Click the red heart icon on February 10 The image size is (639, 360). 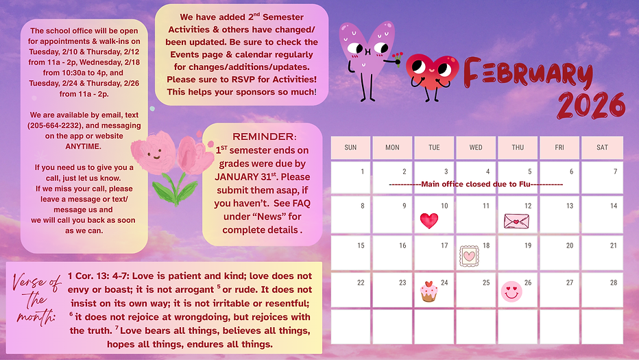coord(429,220)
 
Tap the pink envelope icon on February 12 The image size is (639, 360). coord(516,220)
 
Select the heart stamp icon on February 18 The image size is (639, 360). coord(470,255)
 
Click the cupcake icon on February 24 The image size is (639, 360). coord(429,291)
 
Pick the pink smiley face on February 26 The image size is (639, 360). coord(511,291)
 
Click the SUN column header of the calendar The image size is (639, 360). coord(350,147)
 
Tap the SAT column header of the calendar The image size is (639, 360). coord(602,147)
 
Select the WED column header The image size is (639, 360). coord(476,147)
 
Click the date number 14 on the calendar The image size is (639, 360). coord(614,206)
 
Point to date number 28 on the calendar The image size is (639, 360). coord(614,283)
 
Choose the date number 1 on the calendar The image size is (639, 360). coord(362,171)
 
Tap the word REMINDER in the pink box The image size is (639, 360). coord(264,136)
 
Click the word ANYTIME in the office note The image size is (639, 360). coord(84,146)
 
